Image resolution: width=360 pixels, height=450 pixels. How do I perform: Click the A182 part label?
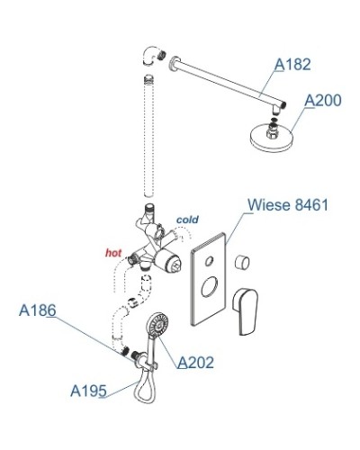pyautogui.click(x=293, y=64)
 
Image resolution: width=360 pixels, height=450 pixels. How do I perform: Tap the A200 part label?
pyautogui.click(x=323, y=101)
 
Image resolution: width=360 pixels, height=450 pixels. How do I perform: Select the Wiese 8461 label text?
pyautogui.click(x=288, y=205)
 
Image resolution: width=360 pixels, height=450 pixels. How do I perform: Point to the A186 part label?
pyautogui.click(x=37, y=310)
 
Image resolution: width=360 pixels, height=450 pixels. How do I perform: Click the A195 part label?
pyautogui.click(x=88, y=391)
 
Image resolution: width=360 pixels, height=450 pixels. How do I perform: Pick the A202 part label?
pyautogui.click(x=195, y=363)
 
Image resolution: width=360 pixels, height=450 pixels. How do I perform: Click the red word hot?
pyautogui.click(x=113, y=253)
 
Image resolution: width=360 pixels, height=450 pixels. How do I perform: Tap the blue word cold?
pyautogui.click(x=187, y=220)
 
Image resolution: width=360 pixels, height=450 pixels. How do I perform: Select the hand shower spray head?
pyautogui.click(x=158, y=324)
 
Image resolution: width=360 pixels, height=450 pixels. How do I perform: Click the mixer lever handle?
pyautogui.click(x=246, y=311)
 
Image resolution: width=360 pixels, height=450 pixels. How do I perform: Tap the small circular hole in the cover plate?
pyautogui.click(x=209, y=261)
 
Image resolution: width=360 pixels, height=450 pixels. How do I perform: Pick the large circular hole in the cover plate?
pyautogui.click(x=208, y=287)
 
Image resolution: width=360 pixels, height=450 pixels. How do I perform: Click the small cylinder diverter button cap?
pyautogui.click(x=242, y=262)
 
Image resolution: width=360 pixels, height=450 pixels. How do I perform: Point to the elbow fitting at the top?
pyautogui.click(x=150, y=56)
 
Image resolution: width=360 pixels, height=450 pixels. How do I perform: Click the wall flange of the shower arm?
pyautogui.click(x=174, y=64)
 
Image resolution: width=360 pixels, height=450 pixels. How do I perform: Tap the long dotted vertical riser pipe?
pyautogui.click(x=148, y=136)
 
